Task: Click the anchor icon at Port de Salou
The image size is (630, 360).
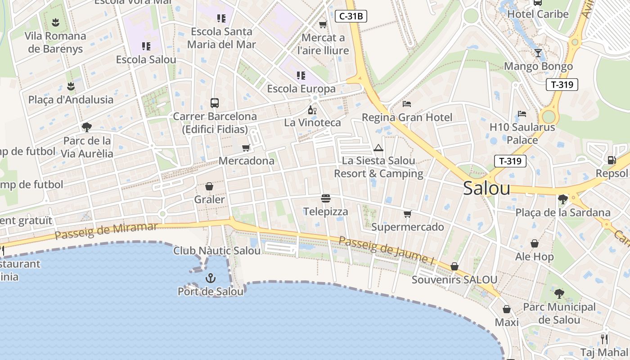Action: pyautogui.click(x=210, y=278)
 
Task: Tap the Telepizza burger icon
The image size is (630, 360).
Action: pyautogui.click(x=326, y=198)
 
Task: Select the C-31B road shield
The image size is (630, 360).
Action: pyautogui.click(x=351, y=17)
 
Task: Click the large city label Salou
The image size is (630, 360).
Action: pyautogui.click(x=486, y=189)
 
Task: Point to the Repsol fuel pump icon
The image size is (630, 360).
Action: pyautogui.click(x=612, y=160)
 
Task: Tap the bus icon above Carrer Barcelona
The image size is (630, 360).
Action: pyautogui.click(x=215, y=103)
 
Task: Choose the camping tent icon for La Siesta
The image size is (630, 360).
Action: pyautogui.click(x=378, y=148)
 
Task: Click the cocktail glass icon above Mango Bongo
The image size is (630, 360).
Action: pyautogui.click(x=538, y=53)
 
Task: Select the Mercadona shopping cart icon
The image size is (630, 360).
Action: pyautogui.click(x=246, y=148)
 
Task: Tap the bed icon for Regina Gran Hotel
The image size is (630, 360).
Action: pyautogui.click(x=407, y=104)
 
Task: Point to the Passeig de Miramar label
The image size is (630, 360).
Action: pyautogui.click(x=107, y=231)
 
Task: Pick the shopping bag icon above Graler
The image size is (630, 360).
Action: pyautogui.click(x=209, y=186)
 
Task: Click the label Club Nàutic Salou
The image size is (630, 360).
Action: pyautogui.click(x=217, y=251)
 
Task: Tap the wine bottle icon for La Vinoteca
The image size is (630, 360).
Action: pyautogui.click(x=312, y=110)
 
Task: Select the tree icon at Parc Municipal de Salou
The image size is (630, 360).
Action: pyautogui.click(x=559, y=294)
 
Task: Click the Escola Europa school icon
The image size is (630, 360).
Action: pyautogui.click(x=301, y=75)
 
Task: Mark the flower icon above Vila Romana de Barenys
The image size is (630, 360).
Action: pyautogui.click(x=55, y=22)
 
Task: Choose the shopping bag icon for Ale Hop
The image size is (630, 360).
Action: pyautogui.click(x=535, y=243)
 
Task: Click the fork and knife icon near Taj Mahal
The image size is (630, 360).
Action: pyautogui.click(x=604, y=339)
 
